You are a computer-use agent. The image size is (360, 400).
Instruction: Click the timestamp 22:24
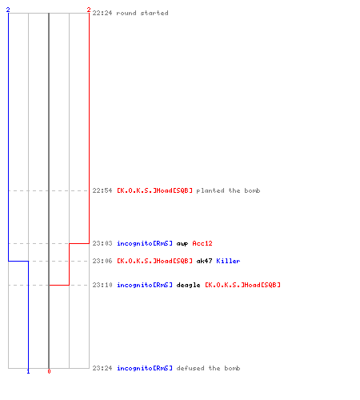(x=102, y=13)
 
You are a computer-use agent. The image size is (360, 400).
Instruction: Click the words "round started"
(x=142, y=13)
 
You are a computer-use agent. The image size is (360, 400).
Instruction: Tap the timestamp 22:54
(x=102, y=190)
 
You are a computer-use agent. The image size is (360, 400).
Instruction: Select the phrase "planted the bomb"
(x=228, y=190)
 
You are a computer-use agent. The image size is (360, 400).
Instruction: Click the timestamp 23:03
(x=102, y=243)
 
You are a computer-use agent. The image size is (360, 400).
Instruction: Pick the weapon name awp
(x=182, y=244)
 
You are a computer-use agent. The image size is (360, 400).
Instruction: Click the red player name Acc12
(x=202, y=243)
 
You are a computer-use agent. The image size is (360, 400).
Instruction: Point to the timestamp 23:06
(x=102, y=261)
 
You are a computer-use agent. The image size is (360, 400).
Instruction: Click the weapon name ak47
(x=204, y=261)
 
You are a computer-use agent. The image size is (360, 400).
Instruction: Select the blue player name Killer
(x=228, y=261)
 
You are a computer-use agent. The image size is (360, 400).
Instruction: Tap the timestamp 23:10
(x=102, y=285)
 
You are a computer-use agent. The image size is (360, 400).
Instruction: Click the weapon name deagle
(x=188, y=286)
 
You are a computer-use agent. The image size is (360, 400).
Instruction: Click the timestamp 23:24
(x=102, y=368)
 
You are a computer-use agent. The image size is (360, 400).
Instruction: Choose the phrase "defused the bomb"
(x=208, y=368)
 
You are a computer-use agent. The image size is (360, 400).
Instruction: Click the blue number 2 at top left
(x=8, y=10)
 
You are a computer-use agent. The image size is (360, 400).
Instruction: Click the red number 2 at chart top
(x=89, y=10)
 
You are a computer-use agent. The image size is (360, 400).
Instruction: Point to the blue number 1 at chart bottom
(x=28, y=371)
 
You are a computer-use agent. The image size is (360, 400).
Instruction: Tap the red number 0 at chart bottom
(x=49, y=371)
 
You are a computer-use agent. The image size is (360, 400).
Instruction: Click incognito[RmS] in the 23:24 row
(x=145, y=368)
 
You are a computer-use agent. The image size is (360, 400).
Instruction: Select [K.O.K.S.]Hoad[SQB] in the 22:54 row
(x=154, y=190)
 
